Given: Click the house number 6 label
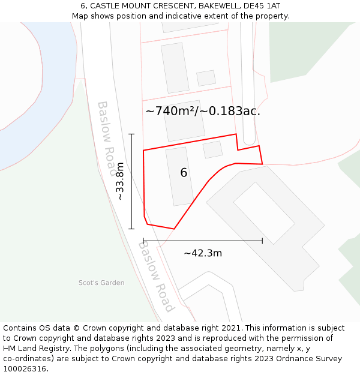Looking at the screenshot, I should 184,173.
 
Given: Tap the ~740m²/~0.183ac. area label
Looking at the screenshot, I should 203,111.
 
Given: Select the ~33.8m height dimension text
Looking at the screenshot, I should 120,181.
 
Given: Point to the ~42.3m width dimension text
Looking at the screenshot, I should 203,253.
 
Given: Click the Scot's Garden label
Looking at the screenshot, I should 101,283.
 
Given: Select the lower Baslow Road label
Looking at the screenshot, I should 155,276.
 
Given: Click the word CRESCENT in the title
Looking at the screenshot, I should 170,5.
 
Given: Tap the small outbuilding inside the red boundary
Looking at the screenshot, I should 212,149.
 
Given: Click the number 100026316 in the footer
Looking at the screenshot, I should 25,369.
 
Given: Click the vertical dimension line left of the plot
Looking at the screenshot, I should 131,181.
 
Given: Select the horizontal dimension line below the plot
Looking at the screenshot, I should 203,241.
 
